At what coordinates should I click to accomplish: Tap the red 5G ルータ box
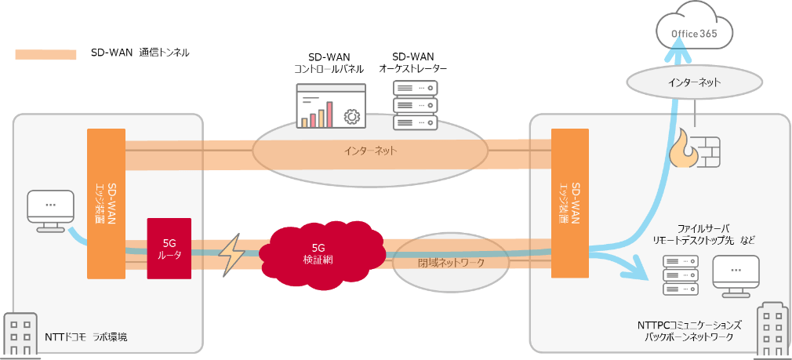pos(169,248)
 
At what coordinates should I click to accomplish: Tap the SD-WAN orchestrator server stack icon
pos(414,108)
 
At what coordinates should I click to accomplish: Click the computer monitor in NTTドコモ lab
pos(50,208)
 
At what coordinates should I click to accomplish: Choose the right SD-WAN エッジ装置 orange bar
pos(569,204)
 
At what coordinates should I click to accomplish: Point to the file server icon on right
pos(681,275)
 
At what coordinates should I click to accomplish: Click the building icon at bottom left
pos(20,333)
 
